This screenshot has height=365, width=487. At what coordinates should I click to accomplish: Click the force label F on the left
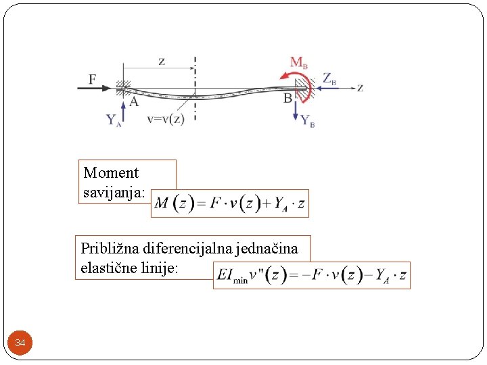pos(92,79)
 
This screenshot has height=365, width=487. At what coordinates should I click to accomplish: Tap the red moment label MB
pos(299,63)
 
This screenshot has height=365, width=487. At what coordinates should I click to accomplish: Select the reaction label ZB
pos(329,78)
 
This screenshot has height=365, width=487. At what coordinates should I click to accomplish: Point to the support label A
pos(134,102)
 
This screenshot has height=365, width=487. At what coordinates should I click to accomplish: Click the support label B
pos(287,99)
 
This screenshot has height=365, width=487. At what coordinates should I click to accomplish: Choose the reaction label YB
pos(308,121)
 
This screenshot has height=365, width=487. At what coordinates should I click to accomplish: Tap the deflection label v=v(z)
pos(165,120)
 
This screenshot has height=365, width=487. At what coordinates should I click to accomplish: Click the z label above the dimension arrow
pos(161,62)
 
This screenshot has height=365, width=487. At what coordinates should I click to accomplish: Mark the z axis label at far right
pos(361,87)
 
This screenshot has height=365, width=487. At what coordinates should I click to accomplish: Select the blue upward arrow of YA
pos(123,109)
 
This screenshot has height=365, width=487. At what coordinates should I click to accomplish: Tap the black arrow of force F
pos(101,88)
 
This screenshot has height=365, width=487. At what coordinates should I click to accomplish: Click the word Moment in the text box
pos(111,173)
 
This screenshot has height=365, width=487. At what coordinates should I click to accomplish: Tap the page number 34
pos(20,343)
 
